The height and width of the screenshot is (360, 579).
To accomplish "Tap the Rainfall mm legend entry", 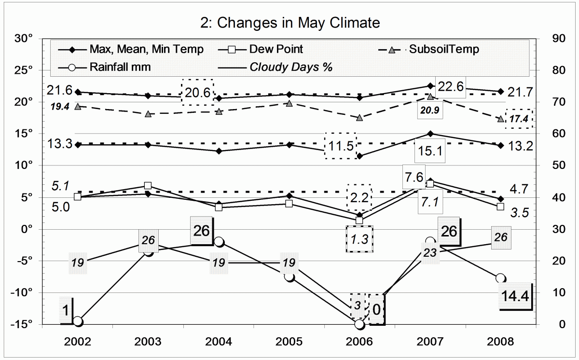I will coord(120,67).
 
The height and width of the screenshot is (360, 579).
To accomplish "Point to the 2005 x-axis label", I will coord(289,341).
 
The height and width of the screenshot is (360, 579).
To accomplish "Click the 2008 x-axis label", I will coord(500,341).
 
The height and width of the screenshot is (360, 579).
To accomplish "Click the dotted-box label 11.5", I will coord(340,146).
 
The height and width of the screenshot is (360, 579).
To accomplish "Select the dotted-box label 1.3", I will coord(359,239).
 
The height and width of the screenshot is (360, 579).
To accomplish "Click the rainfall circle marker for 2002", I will coord(78,321).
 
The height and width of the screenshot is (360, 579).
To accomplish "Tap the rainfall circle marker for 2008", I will coord(500,278).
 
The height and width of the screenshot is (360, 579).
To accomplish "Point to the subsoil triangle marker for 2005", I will coord(289,103).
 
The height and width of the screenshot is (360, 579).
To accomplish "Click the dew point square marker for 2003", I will coord(148,186).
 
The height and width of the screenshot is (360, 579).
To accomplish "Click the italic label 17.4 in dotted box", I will coord(519,118).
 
